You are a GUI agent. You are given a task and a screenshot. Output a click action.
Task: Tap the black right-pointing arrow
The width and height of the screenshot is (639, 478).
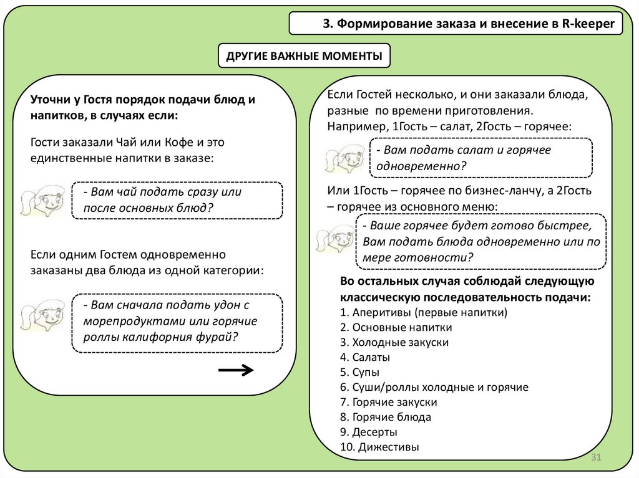pos(236,370)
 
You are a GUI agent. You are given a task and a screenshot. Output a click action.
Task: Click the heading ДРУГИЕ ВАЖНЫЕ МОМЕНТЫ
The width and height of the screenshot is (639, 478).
pos(304,56)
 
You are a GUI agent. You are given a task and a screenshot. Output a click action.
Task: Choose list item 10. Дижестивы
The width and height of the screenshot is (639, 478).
pos(379,446)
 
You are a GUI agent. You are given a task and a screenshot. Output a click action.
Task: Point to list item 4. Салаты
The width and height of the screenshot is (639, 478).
pos(365,357)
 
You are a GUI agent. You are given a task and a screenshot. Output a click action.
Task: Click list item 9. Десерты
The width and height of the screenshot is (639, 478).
pos(369,431)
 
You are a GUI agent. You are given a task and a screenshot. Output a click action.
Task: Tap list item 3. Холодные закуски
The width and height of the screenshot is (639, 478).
pos(394,342)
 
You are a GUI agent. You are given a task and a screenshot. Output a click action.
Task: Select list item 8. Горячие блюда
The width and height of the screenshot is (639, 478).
pos(386,417)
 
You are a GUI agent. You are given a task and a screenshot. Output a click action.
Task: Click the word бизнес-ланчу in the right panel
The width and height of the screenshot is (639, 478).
pos(488,190)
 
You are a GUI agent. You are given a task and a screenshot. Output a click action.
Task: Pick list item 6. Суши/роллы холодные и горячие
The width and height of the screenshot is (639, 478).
pos(434,387)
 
